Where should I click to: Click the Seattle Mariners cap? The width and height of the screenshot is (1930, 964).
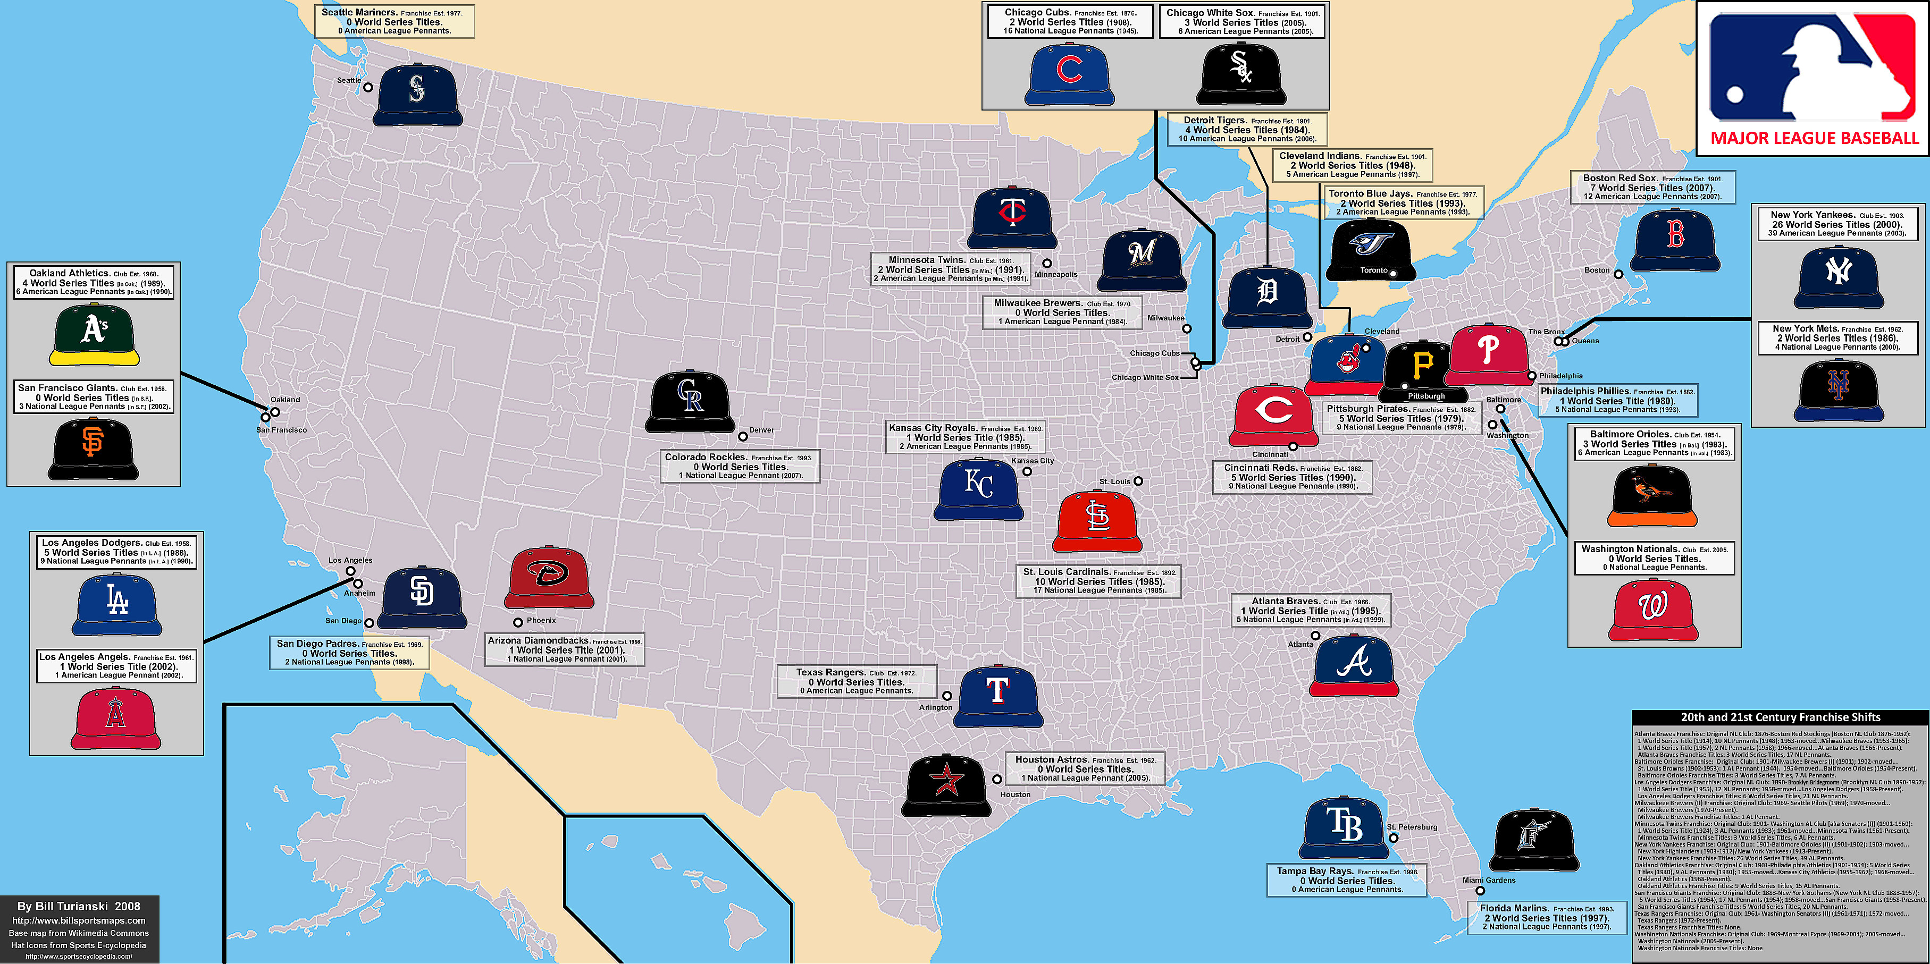tap(417, 95)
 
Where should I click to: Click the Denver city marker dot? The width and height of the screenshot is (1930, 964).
tap(742, 436)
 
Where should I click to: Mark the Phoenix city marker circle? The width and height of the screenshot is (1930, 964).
tap(518, 622)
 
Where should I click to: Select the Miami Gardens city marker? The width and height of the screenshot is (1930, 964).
tap(1480, 891)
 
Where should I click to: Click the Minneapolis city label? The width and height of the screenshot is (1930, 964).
tap(1056, 274)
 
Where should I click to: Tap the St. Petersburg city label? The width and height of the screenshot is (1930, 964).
tap(1412, 827)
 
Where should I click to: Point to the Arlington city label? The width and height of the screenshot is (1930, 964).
tap(936, 707)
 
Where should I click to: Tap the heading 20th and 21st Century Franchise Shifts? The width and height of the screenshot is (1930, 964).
tap(1780, 717)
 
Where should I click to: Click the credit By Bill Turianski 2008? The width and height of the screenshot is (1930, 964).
tap(79, 906)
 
